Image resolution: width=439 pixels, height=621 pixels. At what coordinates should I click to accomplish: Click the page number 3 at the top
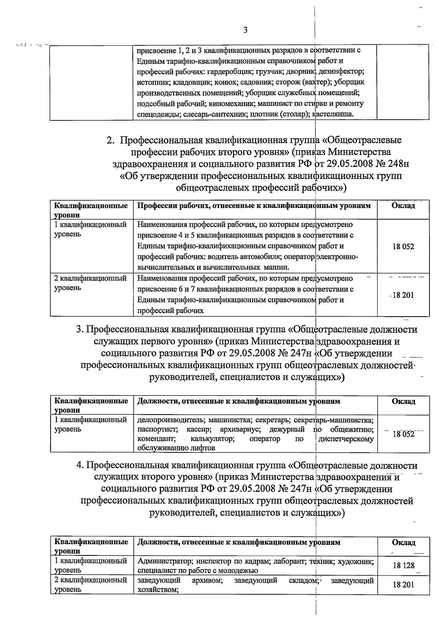(245, 30)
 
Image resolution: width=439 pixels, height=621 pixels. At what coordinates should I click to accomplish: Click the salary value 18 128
(404, 565)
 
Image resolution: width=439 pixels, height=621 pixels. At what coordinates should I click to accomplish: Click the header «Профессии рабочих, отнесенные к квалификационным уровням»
(254, 206)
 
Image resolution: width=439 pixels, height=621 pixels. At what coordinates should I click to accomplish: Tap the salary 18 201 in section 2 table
(403, 295)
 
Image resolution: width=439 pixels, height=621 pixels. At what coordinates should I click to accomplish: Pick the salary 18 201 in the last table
(404, 585)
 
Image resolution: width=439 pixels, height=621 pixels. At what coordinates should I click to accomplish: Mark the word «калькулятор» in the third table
(212, 438)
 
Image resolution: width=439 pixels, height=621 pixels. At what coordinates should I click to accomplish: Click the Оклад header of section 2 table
(403, 206)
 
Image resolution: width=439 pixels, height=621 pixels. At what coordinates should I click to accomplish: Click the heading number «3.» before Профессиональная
(80, 329)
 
